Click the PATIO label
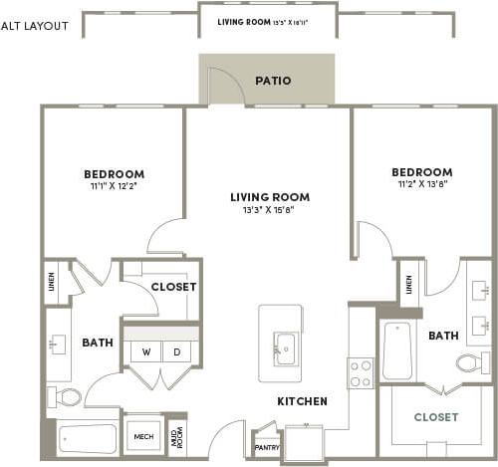pyautogui.click(x=272, y=81)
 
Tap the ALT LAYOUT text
pyautogui.click(x=35, y=26)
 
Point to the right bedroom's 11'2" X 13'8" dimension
pyautogui.click(x=421, y=184)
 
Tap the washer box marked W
pyautogui.click(x=145, y=351)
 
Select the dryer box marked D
pyautogui.click(x=176, y=351)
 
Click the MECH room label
pyautogui.click(x=143, y=436)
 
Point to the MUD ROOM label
pyautogui.click(x=175, y=435)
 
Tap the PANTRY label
pyautogui.click(x=267, y=448)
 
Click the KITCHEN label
pyautogui.click(x=302, y=401)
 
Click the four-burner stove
pyautogui.click(x=360, y=372)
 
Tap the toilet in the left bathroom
pyautogui.click(x=67, y=397)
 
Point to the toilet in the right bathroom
pyautogui.click(x=472, y=362)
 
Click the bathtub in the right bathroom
pyautogui.click(x=397, y=351)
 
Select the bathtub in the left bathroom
pyautogui.click(x=88, y=439)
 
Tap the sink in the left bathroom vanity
pyautogui.click(x=56, y=345)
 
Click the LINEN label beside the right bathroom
pyautogui.click(x=408, y=284)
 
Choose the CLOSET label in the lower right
pyautogui.click(x=435, y=417)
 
